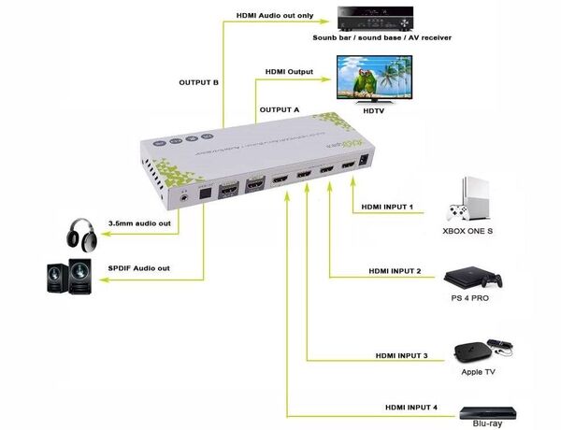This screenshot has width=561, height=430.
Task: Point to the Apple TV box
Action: [x=473, y=351]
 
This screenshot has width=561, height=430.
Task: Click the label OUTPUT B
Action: [x=198, y=82]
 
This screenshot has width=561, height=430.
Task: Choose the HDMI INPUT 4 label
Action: [x=410, y=408]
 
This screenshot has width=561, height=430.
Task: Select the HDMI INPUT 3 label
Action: [x=401, y=355]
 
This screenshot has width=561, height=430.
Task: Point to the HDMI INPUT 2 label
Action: [x=394, y=271]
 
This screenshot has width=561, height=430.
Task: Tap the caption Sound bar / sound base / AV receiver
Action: [x=382, y=38]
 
